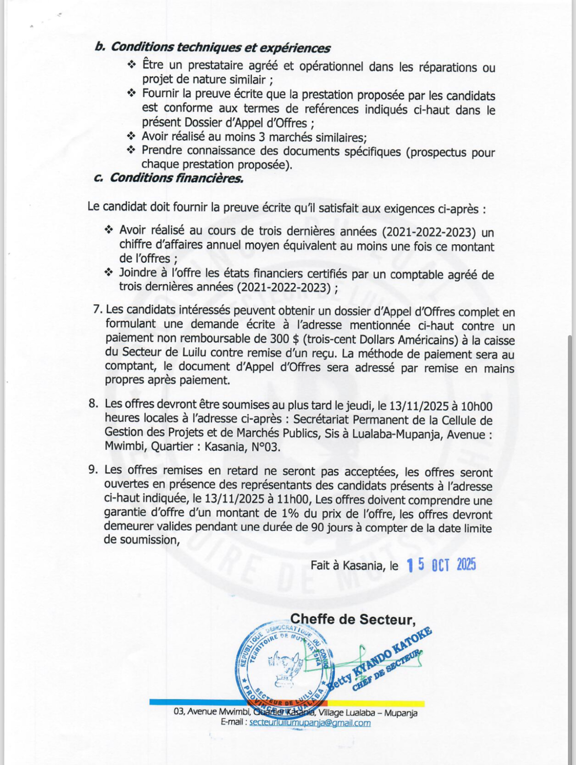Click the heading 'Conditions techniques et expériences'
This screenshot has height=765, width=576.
coord(220,48)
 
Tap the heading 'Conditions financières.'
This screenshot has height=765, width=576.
coord(176,178)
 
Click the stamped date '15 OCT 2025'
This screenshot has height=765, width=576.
coord(441,565)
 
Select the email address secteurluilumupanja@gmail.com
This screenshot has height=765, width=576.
coord(310,723)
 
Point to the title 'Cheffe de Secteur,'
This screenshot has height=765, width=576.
coord(353,619)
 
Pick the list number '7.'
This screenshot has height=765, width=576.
coord(97,310)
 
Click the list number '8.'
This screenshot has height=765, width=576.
coord(93,404)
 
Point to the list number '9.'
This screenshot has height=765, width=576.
coord(93,470)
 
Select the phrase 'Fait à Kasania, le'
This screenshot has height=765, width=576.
coord(354,565)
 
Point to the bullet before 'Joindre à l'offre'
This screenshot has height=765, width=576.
coord(109,272)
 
